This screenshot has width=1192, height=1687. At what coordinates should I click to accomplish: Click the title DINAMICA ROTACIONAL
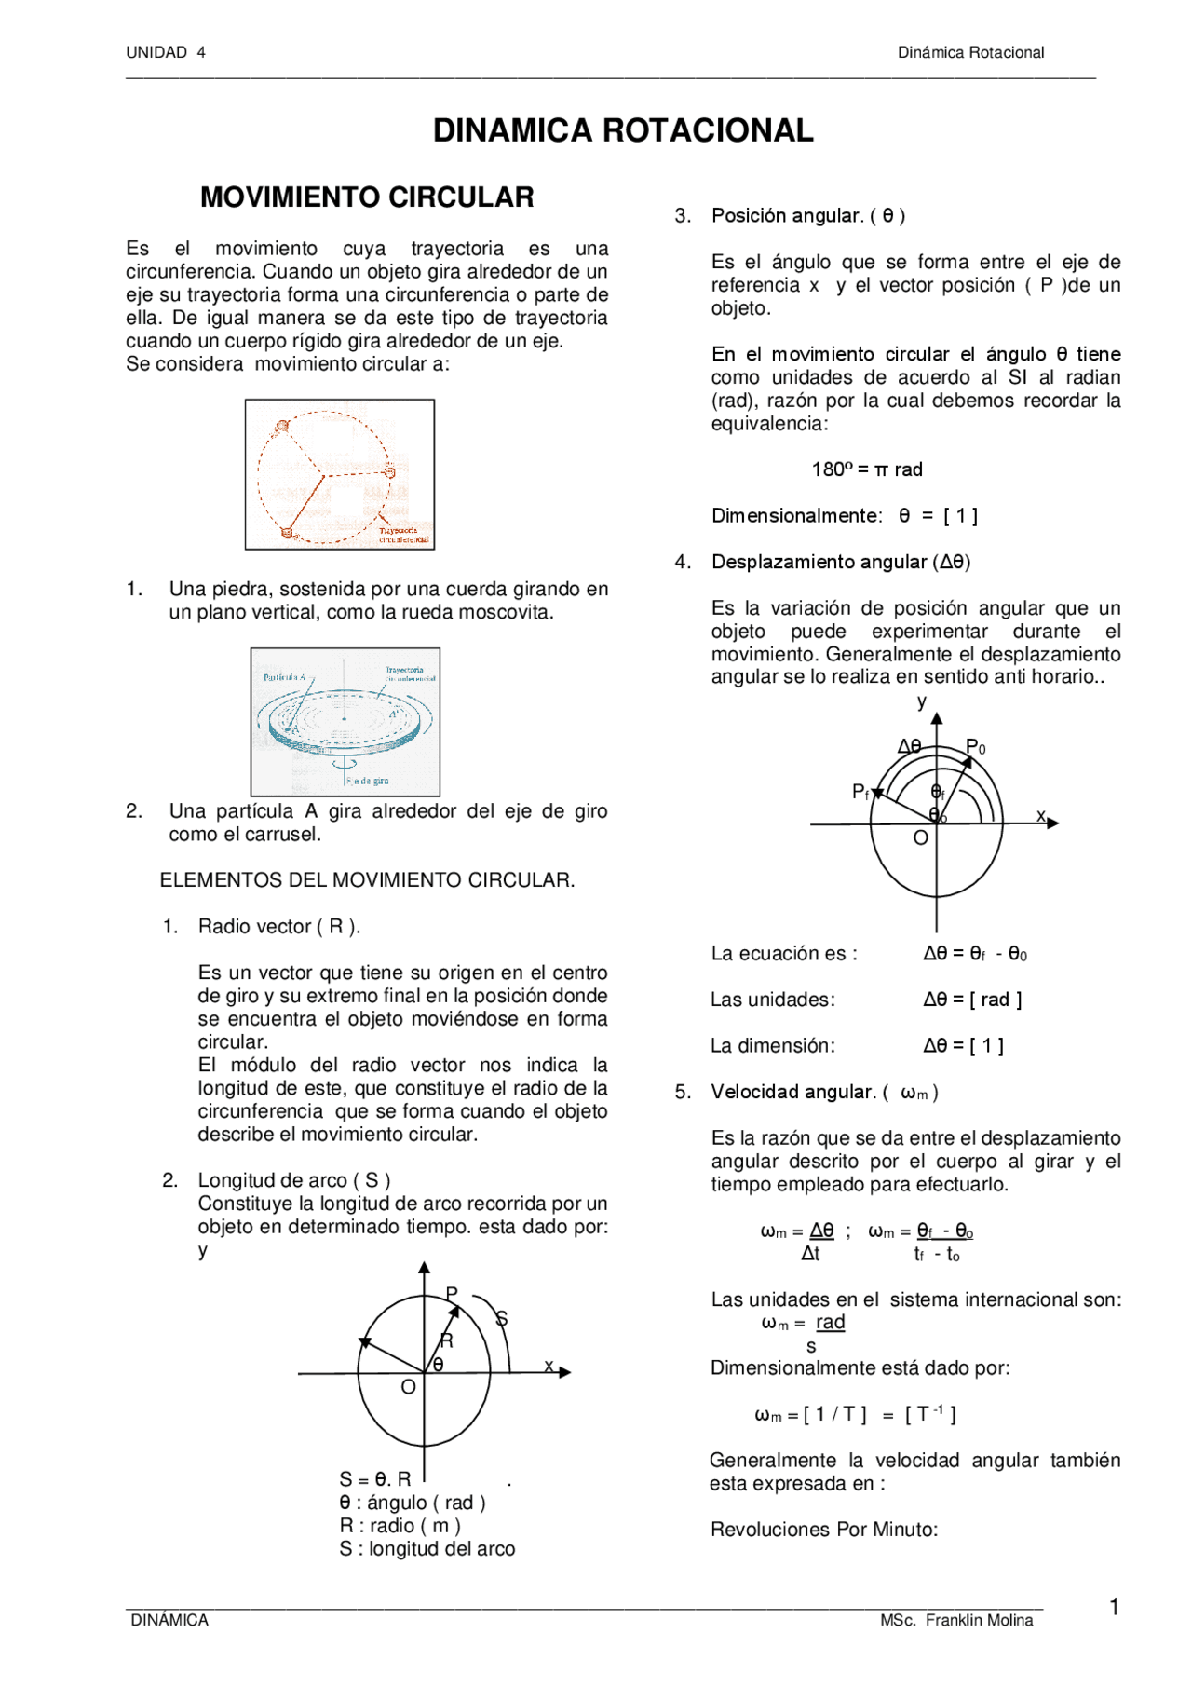coord(623,130)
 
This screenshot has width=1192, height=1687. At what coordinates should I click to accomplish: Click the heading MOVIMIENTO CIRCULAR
coord(367,197)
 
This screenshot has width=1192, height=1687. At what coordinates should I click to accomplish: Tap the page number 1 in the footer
coord(1114,1607)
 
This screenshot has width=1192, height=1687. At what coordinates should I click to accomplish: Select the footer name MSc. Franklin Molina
coord(956,1620)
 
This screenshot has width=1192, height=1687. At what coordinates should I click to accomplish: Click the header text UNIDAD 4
coord(166,52)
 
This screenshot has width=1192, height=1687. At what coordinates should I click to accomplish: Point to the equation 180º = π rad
coord(866,469)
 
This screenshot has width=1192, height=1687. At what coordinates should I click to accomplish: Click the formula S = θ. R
coord(375,1479)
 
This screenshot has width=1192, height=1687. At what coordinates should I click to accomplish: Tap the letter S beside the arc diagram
coord(501,1318)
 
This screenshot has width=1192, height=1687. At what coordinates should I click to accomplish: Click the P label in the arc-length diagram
coord(452,1294)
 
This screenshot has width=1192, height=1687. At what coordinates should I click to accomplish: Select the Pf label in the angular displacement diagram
coord(860,792)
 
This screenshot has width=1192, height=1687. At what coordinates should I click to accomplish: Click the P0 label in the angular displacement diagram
coord(975,747)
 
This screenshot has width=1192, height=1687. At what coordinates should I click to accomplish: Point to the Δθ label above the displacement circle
coord(909,746)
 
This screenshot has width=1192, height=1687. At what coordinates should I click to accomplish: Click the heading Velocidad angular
coord(793,1092)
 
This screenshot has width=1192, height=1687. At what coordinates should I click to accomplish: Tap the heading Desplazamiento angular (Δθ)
coord(840,562)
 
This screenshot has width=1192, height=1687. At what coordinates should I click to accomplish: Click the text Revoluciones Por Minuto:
coord(824,1530)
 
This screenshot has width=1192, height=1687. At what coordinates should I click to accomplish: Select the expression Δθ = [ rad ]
coord(972,1000)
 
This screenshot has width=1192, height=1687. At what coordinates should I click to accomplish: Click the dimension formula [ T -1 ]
coord(929,1414)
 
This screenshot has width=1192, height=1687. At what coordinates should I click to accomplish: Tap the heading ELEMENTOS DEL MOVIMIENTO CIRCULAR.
coord(367,880)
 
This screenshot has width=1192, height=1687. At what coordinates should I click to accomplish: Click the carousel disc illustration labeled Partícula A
coord(345,722)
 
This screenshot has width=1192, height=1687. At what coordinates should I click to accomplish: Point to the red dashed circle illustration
coord(339,474)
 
